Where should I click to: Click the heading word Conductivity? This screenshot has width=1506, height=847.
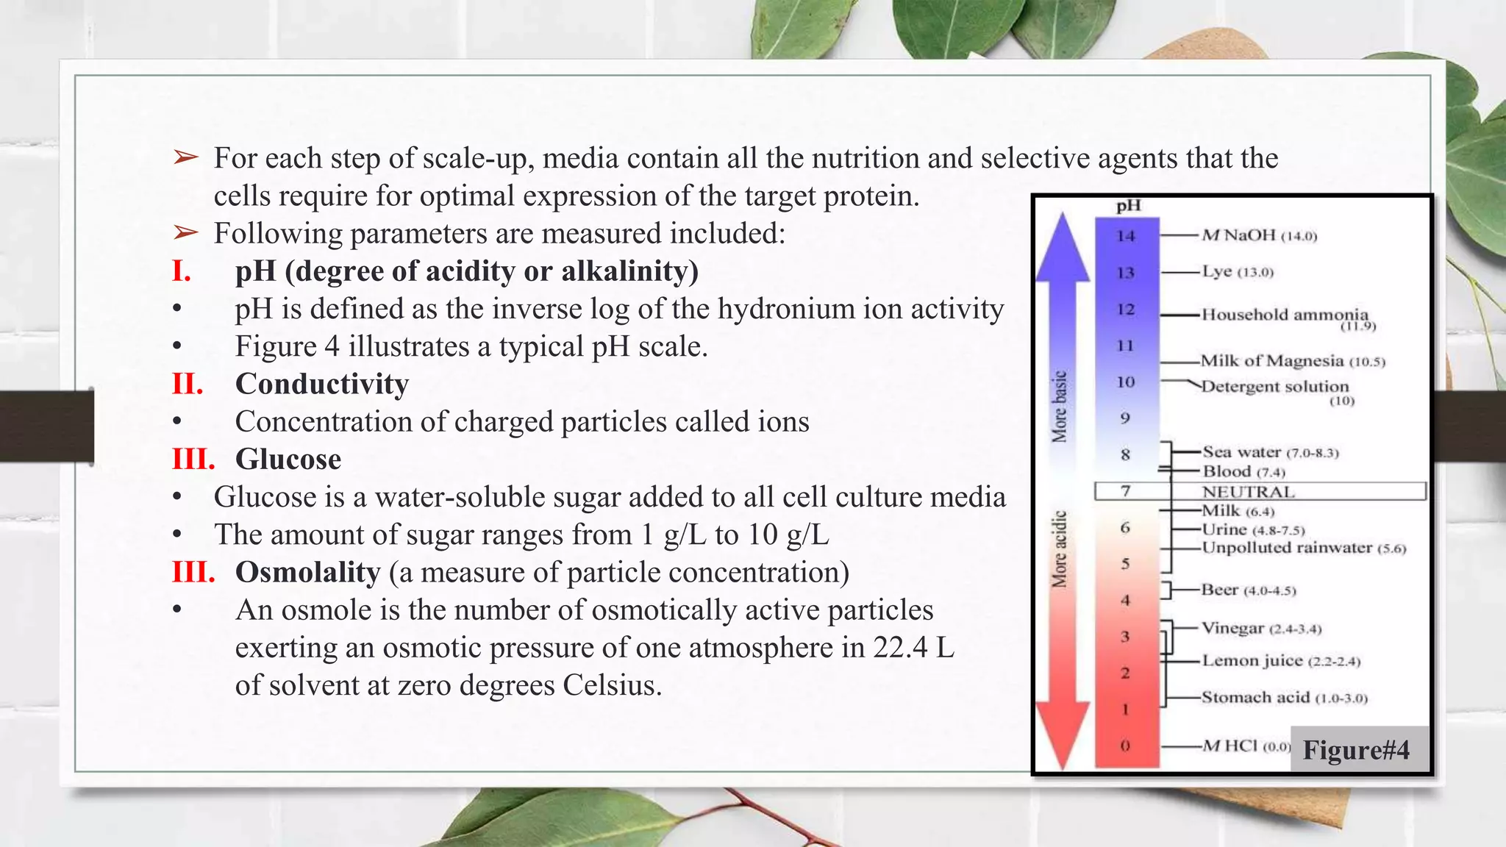click(x=322, y=385)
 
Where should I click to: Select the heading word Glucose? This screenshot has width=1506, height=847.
click(x=288, y=460)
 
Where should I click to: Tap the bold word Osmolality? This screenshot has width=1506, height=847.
click(x=307, y=573)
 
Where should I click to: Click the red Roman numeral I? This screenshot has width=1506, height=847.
click(x=182, y=272)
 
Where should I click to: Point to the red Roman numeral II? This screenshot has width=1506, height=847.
click(x=188, y=385)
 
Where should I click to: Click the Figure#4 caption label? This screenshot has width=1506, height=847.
click(x=1355, y=750)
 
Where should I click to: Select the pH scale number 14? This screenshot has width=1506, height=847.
click(x=1126, y=236)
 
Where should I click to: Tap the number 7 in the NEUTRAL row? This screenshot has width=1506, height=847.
click(x=1126, y=490)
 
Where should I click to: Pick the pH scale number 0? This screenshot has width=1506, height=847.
click(x=1125, y=746)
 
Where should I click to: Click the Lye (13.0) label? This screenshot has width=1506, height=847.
click(x=1237, y=271)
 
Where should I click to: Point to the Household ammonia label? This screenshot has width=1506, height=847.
click(x=1285, y=315)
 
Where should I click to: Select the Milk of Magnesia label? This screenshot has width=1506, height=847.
click(x=1292, y=361)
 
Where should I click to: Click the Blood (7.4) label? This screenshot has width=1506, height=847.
click(x=1243, y=471)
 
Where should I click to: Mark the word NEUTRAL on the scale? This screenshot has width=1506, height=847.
click(x=1248, y=491)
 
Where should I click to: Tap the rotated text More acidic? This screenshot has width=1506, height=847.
click(x=1059, y=549)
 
